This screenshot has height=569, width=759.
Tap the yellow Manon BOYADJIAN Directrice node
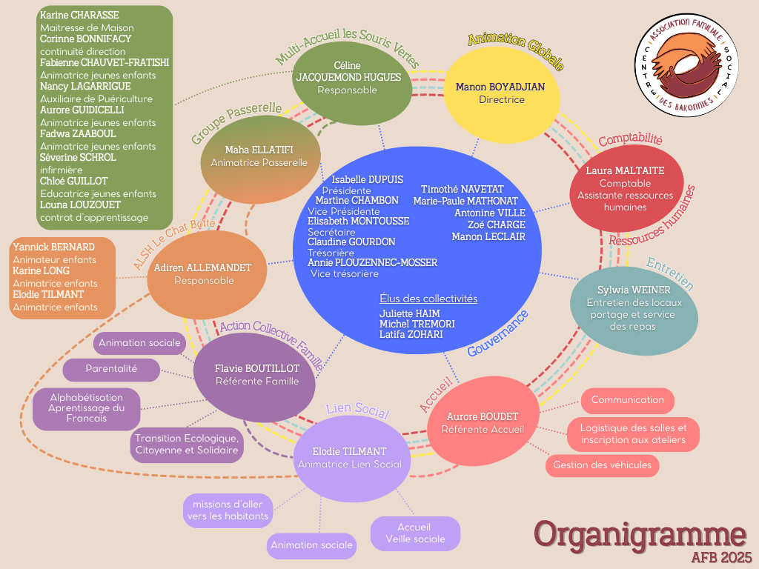coord(500,93)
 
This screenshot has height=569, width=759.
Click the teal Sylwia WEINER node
coord(634,308)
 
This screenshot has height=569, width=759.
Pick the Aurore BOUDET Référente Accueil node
coord(483,422)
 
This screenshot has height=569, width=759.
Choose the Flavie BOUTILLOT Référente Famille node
coord(256,375)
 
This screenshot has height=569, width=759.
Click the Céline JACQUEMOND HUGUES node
coord(348,79)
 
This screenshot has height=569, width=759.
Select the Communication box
coord(627,400)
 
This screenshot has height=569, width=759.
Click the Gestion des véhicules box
coord(602,465)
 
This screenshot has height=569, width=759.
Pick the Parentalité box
coord(111,369)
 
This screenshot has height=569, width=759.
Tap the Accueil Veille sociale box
coord(415,533)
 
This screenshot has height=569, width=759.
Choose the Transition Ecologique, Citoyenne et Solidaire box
coord(187,444)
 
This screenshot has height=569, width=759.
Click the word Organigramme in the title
coord(640,533)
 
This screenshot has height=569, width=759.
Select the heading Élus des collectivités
coord(428,299)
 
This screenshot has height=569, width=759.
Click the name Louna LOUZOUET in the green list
coord(76,205)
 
